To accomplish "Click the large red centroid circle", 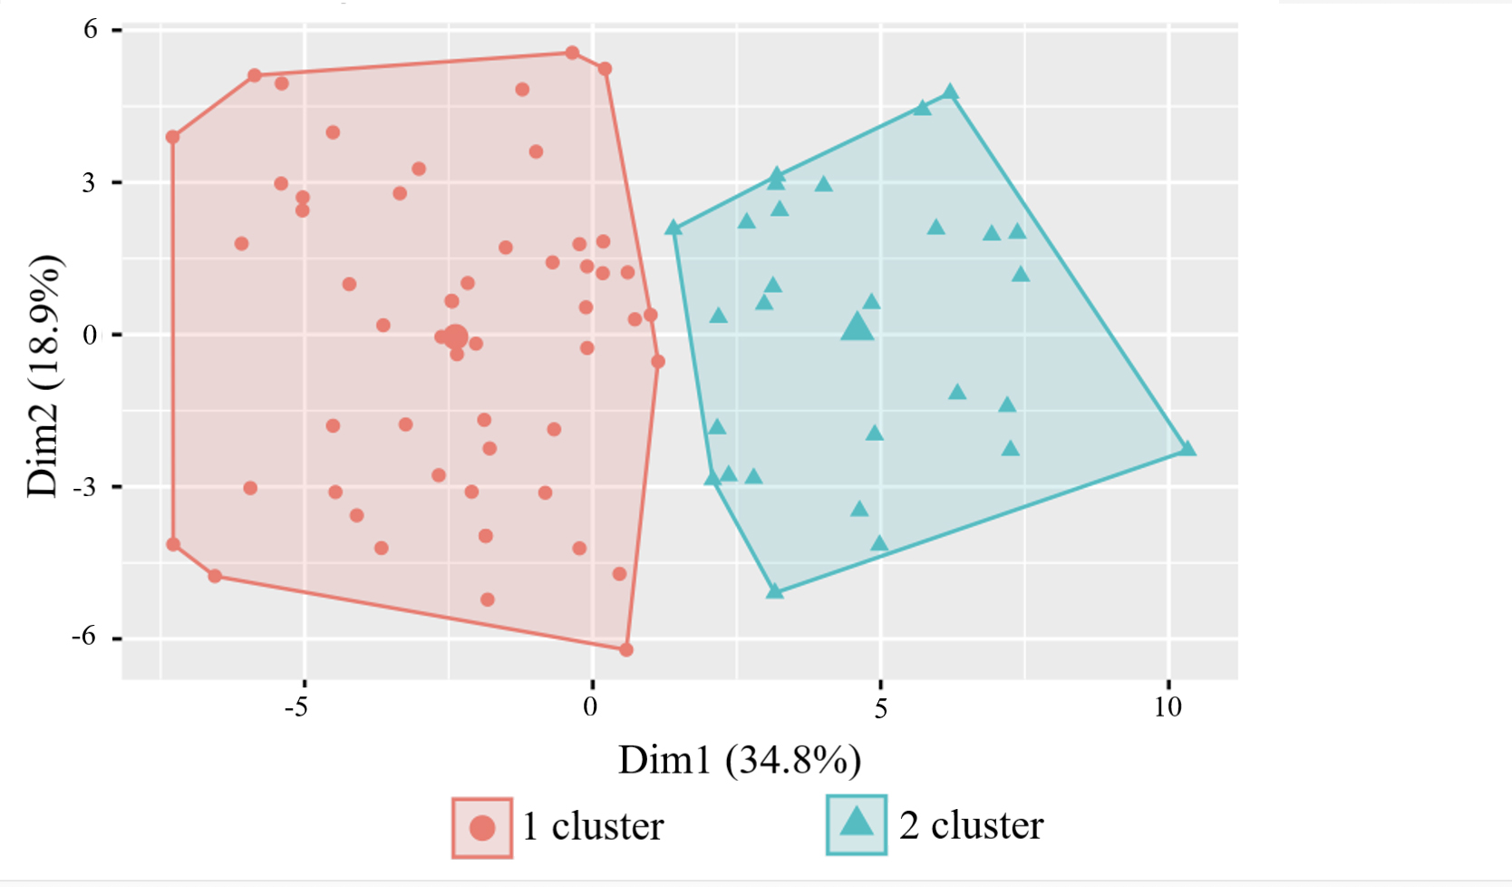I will [x=456, y=337].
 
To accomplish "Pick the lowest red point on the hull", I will [x=625, y=649].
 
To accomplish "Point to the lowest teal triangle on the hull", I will [x=775, y=591].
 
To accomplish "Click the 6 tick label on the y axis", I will [x=90, y=29].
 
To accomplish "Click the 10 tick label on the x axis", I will [x=1168, y=707].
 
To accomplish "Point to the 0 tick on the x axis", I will [x=591, y=707].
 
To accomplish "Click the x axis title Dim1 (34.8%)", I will [x=740, y=760].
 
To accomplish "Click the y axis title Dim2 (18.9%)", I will [x=44, y=375].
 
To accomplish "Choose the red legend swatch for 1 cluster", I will [x=482, y=827].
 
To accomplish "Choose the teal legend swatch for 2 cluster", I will [x=856, y=824].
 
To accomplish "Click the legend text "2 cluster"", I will [x=972, y=825].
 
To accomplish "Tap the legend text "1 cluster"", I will [x=594, y=826].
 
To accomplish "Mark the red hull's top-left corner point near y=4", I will [x=172, y=137].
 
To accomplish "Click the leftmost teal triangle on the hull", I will [x=674, y=228].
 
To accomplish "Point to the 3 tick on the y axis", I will [x=89, y=182].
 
